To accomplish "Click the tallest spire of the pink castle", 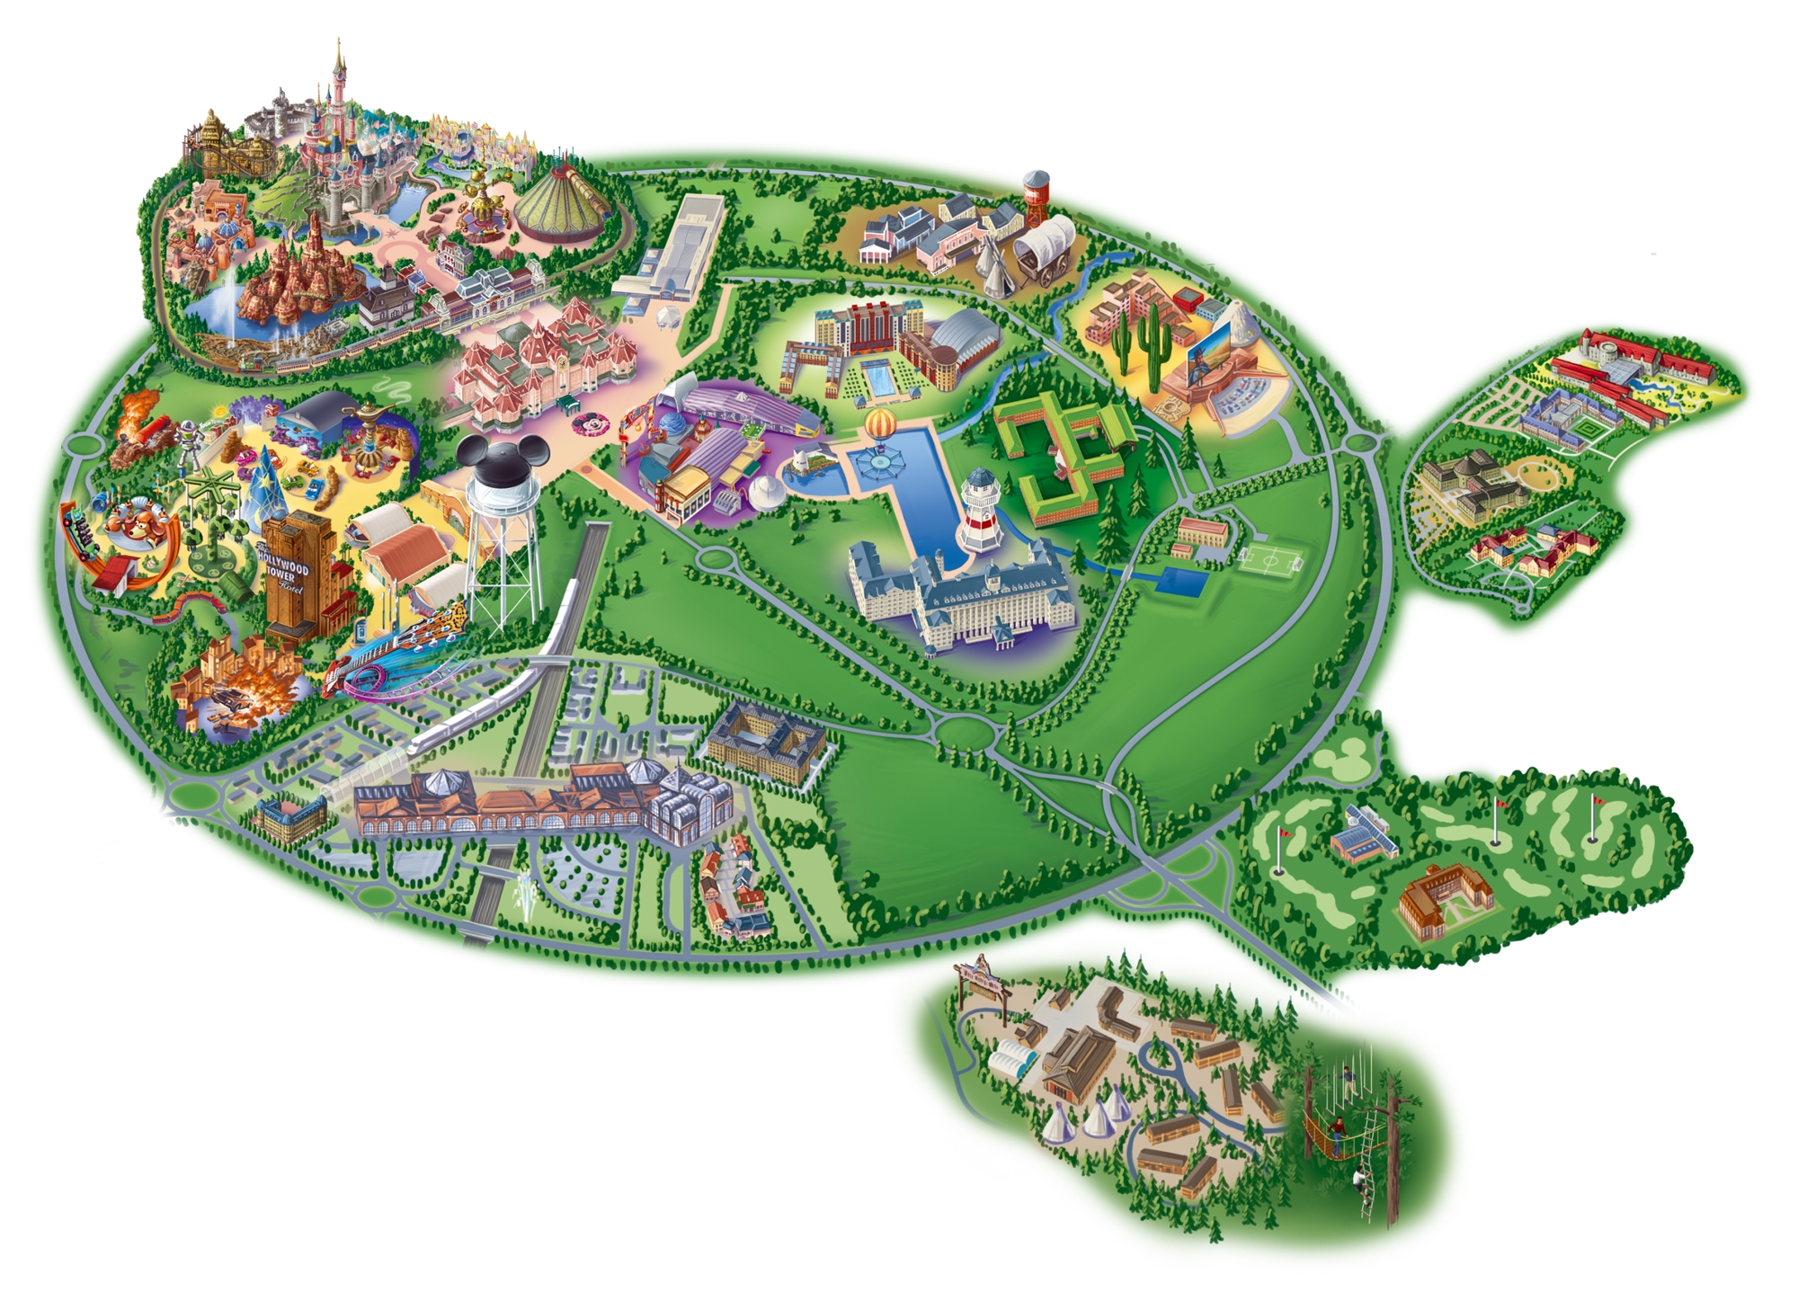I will coord(340,63).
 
